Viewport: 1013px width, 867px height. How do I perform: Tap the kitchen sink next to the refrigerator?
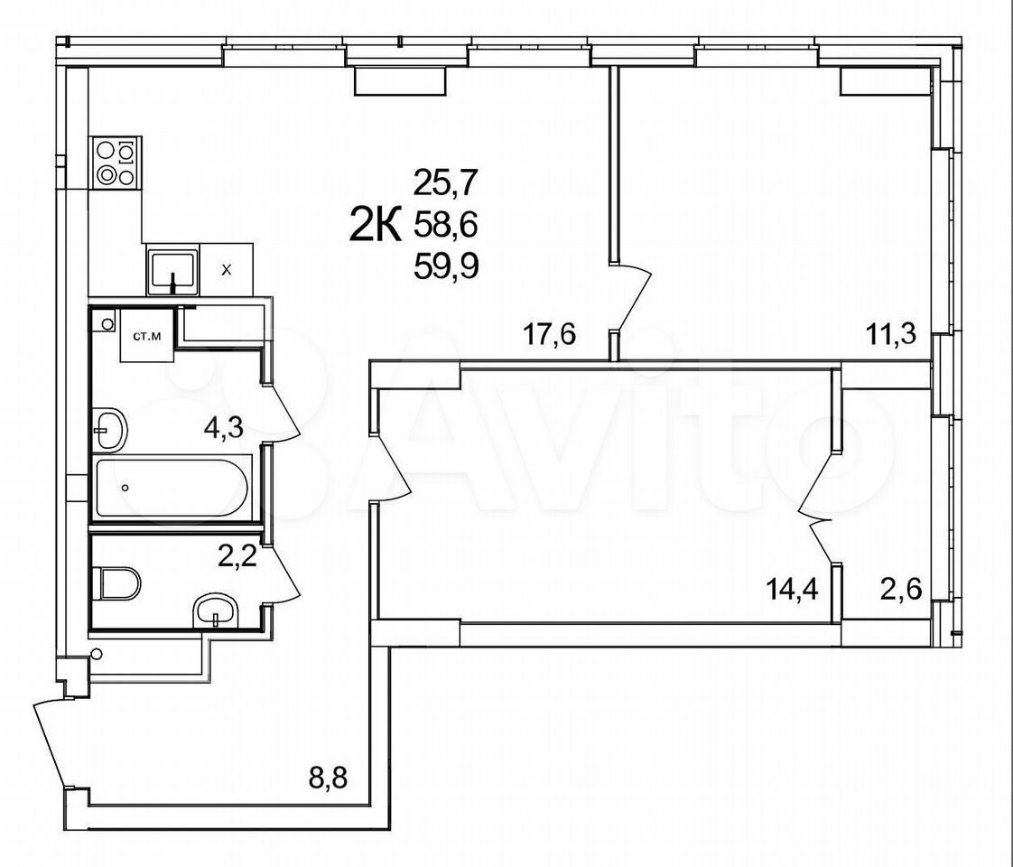(x=172, y=269)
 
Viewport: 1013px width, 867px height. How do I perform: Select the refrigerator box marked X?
(x=226, y=269)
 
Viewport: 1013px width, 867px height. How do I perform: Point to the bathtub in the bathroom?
(x=172, y=487)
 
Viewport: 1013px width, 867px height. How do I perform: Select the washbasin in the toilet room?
(x=215, y=611)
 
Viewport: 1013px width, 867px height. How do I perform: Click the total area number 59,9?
(x=446, y=265)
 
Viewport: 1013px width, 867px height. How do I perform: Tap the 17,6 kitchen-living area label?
(x=549, y=335)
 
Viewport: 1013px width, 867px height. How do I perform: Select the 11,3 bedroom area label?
(x=891, y=335)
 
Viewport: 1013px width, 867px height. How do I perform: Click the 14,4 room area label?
(x=792, y=589)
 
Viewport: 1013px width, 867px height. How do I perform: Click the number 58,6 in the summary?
(x=445, y=225)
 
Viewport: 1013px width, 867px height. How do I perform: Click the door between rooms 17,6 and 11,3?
(x=632, y=296)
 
